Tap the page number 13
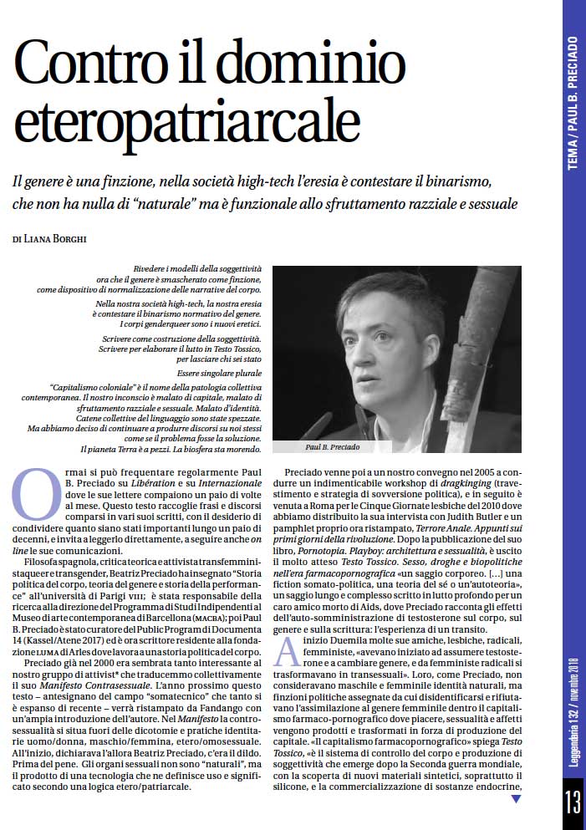[x=573, y=804]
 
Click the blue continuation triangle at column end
[x=516, y=798]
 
